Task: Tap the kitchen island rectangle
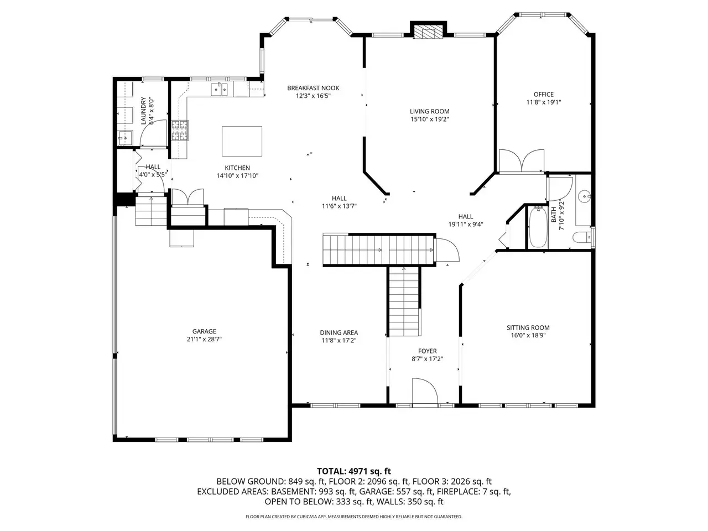click(x=242, y=141)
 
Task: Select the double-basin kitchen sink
click(x=219, y=89)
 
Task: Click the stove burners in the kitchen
click(x=180, y=130)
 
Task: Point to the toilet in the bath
click(x=582, y=238)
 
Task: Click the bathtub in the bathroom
click(x=538, y=227)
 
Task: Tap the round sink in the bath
click(x=585, y=196)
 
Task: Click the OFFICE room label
click(x=544, y=95)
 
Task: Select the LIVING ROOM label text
click(x=429, y=112)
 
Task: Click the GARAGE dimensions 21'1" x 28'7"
click(x=204, y=339)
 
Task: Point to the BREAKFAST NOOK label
click(x=313, y=88)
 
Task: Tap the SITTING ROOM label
click(x=528, y=327)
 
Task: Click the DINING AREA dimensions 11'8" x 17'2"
click(x=339, y=341)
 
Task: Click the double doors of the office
click(x=521, y=160)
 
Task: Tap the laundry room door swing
click(x=153, y=133)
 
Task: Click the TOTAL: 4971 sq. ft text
click(x=354, y=471)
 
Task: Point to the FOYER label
click(x=427, y=351)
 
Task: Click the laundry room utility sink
click(x=125, y=138)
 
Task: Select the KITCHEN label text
click(x=237, y=168)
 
